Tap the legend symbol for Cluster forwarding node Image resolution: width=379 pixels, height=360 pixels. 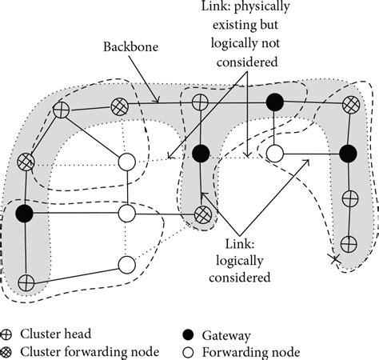pyautogui.click(x=10, y=351)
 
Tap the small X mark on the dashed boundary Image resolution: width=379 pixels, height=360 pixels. pyautogui.click(x=336, y=258)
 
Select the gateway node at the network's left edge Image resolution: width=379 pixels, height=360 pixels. pyautogui.click(x=25, y=213)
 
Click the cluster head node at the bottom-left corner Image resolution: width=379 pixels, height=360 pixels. pyautogui.click(x=26, y=282)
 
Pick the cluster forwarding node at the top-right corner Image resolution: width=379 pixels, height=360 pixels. pyautogui.click(x=349, y=104)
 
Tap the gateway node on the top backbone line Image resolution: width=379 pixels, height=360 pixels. pyautogui.click(x=275, y=102)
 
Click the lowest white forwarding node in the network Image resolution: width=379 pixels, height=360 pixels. pyautogui.click(x=126, y=264)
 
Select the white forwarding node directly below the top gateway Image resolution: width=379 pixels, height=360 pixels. pyautogui.click(x=274, y=152)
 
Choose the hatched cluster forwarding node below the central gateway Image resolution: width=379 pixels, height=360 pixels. pyautogui.click(x=203, y=214)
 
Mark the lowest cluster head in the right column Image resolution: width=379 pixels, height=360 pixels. pyautogui.click(x=349, y=242)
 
